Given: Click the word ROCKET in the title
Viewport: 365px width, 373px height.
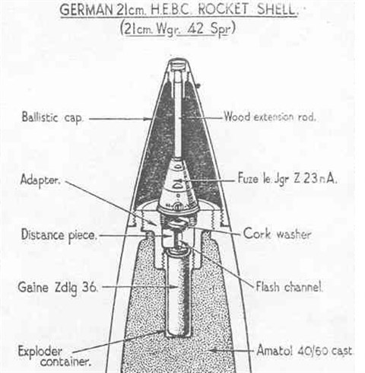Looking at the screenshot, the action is coord(224,10).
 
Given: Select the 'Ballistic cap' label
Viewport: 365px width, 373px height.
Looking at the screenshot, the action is coord(52,117).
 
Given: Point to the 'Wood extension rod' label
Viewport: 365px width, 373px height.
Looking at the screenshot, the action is coord(270,117).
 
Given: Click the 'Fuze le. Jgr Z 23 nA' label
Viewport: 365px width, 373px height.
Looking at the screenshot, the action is coord(287,179).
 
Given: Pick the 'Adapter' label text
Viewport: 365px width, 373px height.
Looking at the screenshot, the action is coord(40,180).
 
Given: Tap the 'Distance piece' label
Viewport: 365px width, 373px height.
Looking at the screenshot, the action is coord(59,235).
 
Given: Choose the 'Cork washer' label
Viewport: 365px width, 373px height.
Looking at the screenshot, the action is coord(277,234).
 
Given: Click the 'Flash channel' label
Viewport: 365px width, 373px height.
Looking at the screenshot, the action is coord(290,287).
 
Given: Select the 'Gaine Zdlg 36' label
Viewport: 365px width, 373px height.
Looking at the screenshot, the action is coord(58,289).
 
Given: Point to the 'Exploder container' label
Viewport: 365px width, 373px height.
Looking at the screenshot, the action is coord(55,356).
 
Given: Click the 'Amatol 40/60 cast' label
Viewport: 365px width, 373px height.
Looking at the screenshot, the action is coord(304,351).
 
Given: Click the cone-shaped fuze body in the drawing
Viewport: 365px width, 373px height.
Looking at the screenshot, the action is coord(178,185).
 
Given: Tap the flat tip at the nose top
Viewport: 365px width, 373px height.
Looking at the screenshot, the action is coord(179,61).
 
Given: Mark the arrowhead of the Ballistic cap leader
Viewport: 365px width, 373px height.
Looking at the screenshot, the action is coord(148,119).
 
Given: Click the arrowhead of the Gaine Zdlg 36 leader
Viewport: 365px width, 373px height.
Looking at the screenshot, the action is coord(175,287).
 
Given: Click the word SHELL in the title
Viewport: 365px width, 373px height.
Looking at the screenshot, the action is coord(277,10).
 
